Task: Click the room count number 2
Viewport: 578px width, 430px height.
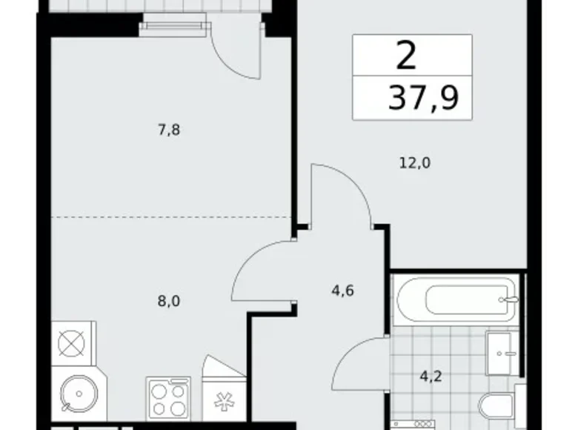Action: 406,56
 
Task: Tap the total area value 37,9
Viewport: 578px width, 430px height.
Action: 424,98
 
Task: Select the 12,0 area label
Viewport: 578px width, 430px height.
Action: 415,162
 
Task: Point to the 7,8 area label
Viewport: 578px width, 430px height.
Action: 169,130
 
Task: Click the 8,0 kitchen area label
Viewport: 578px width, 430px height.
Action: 169,302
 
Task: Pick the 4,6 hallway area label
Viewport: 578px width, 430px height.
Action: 342,291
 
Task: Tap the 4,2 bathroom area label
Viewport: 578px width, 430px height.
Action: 431,377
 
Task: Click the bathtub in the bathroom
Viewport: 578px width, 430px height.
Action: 456,300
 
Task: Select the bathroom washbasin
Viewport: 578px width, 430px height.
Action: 504,353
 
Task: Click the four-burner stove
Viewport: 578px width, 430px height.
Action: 168,398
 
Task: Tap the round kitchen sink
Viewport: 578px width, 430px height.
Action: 79,394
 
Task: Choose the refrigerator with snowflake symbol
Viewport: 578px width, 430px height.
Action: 225,399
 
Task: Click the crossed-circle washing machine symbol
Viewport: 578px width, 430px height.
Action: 72,344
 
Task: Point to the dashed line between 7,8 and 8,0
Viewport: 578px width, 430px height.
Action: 171,217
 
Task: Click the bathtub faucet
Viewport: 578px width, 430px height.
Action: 508,300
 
